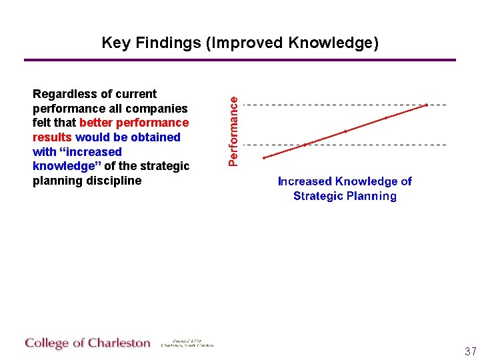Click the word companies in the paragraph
(163, 109)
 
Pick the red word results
(52, 137)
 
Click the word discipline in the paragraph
(114, 181)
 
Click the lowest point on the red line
(265, 158)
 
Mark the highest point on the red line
(427, 105)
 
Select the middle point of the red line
(345, 131)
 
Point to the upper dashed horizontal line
(333, 105)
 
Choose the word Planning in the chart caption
(371, 196)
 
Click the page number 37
(470, 351)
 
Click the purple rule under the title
(240, 60)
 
